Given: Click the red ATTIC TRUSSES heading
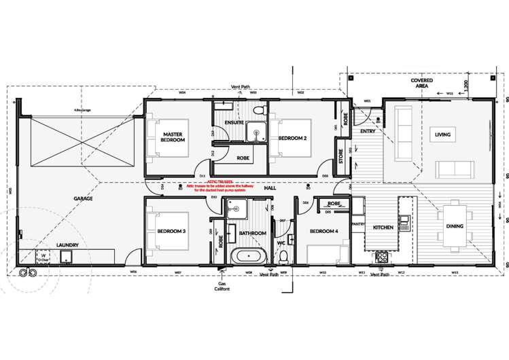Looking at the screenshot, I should tap(220, 182).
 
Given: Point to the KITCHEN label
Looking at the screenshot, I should tap(383, 228).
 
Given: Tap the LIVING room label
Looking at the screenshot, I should tap(442, 134).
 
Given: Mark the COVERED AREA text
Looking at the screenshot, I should tap(421, 84).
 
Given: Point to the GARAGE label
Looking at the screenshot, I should tap(83, 199).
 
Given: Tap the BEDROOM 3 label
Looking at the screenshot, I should tap(171, 231).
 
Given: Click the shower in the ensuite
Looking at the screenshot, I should tap(256, 131).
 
